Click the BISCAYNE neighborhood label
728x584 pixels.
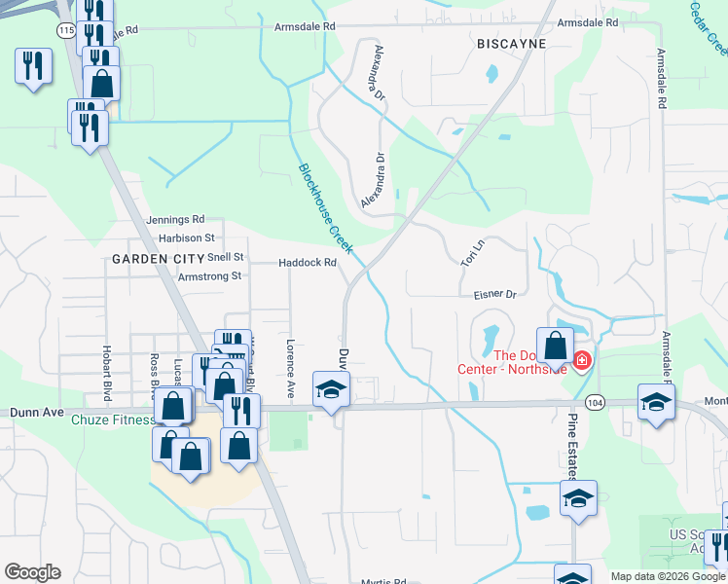coord(511,45)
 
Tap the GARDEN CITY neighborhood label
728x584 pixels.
coord(158,258)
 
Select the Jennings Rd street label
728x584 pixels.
coord(176,220)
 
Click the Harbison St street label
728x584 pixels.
coord(186,237)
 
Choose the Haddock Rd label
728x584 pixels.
coord(307,263)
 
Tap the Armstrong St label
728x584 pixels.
coord(209,276)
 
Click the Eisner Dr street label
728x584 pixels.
coord(493,293)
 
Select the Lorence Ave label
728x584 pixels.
coord(290,368)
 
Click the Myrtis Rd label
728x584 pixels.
coord(382,578)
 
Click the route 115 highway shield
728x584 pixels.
coord(66,30)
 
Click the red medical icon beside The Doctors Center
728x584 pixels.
coord(582,361)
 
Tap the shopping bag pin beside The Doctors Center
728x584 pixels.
coord(555,346)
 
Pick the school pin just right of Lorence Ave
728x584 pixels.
coord(331,389)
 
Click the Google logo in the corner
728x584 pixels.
coord(32,572)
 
